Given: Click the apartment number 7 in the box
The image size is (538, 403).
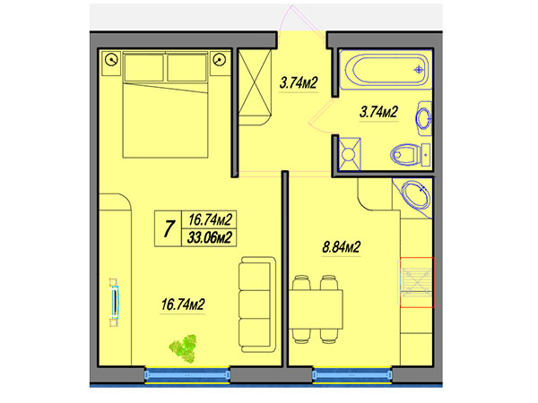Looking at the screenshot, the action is pos(169,228).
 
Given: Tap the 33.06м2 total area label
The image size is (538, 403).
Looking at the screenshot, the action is pos(209,237).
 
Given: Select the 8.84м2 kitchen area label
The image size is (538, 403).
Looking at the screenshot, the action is pos(341,247).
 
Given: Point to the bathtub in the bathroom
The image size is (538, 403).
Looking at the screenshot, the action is pos(386,69).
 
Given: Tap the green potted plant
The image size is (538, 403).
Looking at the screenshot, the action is pos(184,348).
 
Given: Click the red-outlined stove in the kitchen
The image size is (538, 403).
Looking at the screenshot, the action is pos(417,282).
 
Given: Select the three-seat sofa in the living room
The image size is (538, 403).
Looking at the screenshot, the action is pos(257,304).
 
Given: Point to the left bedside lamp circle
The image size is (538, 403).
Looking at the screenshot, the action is pos(112,60).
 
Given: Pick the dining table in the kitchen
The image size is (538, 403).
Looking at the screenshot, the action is pos(316,309).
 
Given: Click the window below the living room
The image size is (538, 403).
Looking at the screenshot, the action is pos(187,375).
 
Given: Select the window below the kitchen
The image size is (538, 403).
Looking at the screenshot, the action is pos(352,375).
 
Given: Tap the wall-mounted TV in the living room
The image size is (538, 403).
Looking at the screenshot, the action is pos(114,303).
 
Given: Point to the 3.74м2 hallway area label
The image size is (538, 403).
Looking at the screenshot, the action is pos(299,83).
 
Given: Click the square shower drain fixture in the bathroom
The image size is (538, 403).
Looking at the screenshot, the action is pos(350,154).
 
